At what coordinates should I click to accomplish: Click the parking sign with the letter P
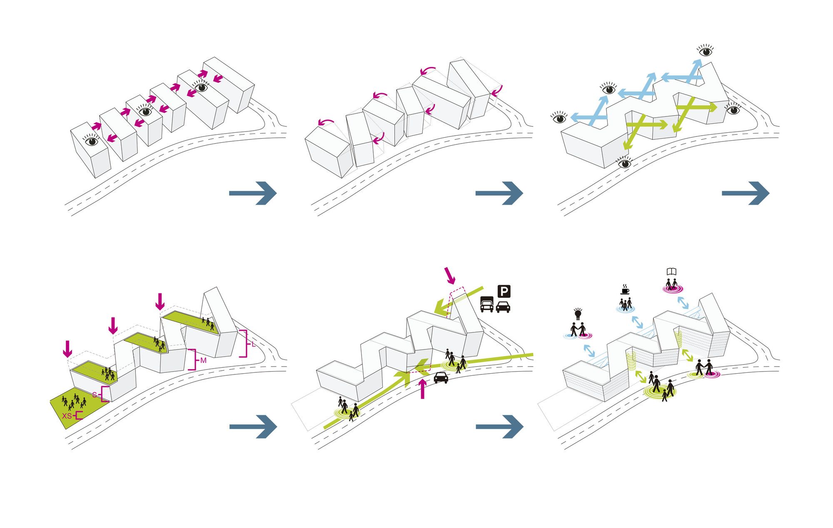click(504, 291)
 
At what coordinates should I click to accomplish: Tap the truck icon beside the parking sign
click(486, 304)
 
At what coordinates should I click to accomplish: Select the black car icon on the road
click(441, 377)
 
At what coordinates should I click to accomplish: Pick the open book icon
click(671, 272)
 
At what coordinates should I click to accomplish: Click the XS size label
click(67, 416)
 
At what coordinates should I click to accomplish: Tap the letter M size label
click(203, 360)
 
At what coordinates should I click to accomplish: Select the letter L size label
click(254, 344)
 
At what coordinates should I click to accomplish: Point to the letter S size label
click(95, 394)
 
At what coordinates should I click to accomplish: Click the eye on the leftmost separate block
click(92, 141)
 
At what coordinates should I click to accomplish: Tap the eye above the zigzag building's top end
click(706, 51)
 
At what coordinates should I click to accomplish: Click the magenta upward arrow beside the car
click(423, 389)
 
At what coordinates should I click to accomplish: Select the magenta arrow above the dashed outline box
click(450, 275)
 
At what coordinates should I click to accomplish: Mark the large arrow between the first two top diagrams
click(253, 193)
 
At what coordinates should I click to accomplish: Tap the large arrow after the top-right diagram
click(746, 193)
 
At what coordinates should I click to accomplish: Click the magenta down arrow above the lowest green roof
click(67, 349)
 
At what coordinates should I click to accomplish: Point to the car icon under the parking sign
click(503, 307)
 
